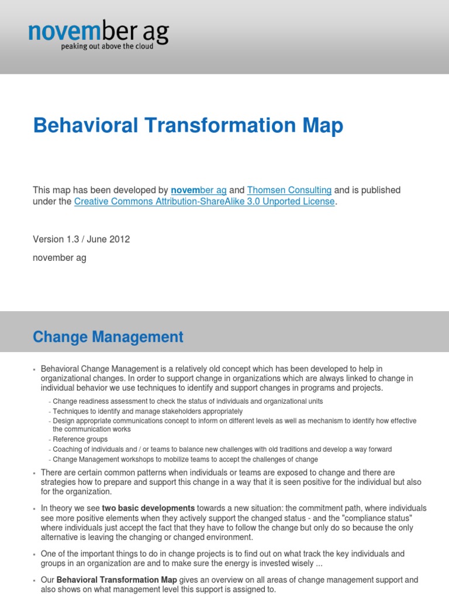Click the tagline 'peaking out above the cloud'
click(108, 47)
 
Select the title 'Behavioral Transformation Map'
click(188, 126)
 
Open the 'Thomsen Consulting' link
click(289, 190)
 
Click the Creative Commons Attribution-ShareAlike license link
click(205, 202)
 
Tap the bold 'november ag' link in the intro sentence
click(199, 190)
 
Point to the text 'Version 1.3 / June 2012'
click(81, 239)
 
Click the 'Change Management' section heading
click(108, 337)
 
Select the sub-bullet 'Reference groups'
click(80, 439)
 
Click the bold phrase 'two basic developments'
click(148, 508)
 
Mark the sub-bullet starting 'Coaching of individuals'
click(222, 449)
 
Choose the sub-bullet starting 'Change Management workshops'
click(185, 459)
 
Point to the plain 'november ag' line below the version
click(60, 258)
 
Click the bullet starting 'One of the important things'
click(222, 559)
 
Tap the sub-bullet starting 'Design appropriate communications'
click(234, 425)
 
